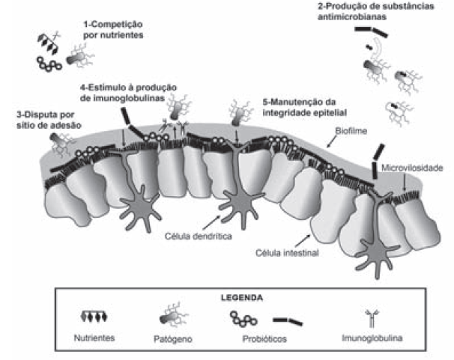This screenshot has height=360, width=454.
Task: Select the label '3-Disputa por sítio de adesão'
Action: pos(44,119)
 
